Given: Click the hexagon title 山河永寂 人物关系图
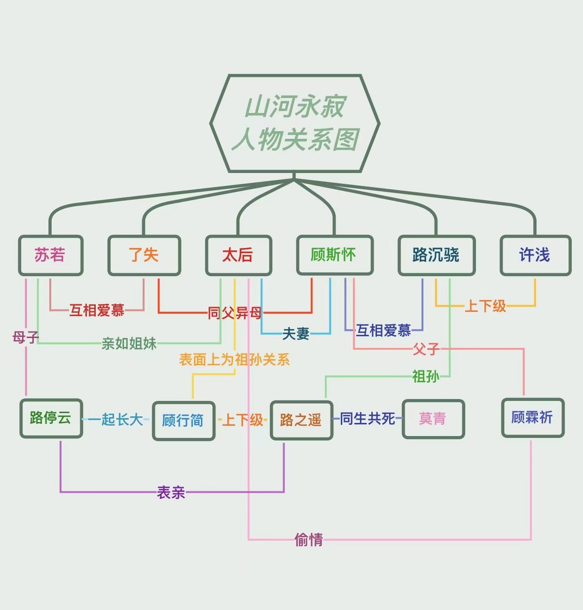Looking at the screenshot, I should pos(295,123).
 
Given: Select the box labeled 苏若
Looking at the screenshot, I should pos(51,255).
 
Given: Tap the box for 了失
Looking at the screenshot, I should pos(144,255).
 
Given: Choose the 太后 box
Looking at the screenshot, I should pos(238,255).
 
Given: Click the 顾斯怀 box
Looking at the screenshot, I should pos(335,255).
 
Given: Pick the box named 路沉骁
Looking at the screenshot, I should pos(437,255).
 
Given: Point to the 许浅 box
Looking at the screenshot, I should pos(535,255).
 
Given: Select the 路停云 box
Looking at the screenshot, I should pos(51,418).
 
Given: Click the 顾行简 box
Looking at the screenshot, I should pos(184,421).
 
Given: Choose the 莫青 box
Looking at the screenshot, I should pos(433,419).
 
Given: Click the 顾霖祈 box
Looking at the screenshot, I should pos(532,418).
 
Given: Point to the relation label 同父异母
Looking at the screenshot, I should pos(235,313).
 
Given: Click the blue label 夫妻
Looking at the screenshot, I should pos(296,334).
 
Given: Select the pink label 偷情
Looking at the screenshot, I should pos(309,540).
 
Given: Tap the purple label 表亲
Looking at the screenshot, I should pos(171,492).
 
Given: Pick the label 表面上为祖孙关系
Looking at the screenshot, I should pos(234,360).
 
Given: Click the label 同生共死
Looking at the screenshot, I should pos(368,418).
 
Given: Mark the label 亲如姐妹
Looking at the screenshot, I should pos(129,344).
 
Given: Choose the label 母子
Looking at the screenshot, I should pos(25,337).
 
